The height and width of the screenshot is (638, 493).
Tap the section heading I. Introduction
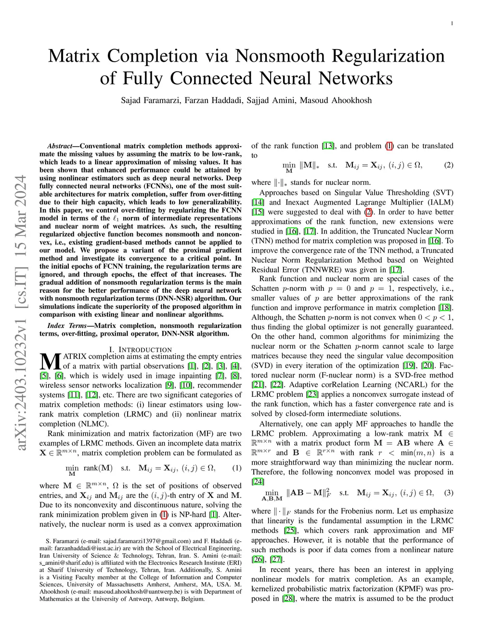[140, 350]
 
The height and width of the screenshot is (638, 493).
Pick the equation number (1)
[237, 468]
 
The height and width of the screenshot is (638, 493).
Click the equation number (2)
[449, 165]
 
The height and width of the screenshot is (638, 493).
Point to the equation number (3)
[449, 493]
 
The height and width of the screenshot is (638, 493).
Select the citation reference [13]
[328, 146]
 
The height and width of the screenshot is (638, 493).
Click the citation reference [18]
[446, 308]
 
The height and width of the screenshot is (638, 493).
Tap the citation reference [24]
[258, 482]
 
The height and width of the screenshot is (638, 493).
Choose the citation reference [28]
[288, 599]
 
